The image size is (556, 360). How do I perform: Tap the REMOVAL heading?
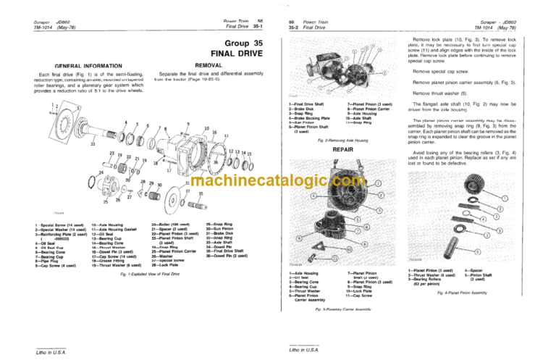tap(203, 65)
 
